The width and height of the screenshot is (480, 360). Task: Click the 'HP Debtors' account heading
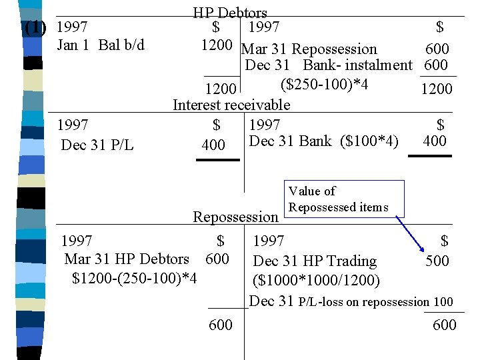(230, 12)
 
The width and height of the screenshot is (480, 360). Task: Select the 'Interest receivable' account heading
(231, 105)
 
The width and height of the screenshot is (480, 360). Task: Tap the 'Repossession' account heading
(235, 217)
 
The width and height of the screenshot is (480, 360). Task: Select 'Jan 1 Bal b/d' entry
(101, 45)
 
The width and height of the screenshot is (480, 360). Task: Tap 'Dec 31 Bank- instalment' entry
(329, 65)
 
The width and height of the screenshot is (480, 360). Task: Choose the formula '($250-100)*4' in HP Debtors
(325, 83)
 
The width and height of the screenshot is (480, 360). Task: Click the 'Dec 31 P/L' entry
(97, 145)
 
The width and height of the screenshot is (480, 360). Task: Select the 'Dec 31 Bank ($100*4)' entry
(323, 141)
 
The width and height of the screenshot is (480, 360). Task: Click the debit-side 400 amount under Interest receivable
(213, 145)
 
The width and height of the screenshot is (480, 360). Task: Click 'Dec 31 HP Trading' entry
(315, 261)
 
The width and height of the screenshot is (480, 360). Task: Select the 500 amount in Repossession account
(437, 261)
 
